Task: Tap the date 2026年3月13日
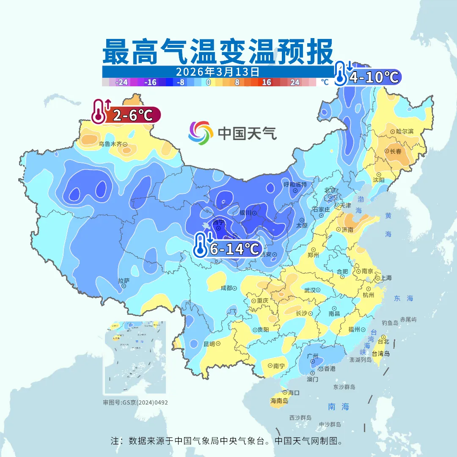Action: coord(217,71)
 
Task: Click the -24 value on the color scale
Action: coord(122,83)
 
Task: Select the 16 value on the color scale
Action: coord(266,83)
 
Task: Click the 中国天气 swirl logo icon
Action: coord(201,133)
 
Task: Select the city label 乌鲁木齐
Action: coord(110,144)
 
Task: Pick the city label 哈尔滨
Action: coord(405,132)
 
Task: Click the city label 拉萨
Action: coord(124,281)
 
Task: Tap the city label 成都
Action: coord(226,288)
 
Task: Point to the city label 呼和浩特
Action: coord(295,184)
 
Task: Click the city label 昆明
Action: coord(209,344)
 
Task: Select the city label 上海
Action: coord(386,278)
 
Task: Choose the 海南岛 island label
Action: coord(279,401)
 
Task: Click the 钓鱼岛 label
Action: coord(390,323)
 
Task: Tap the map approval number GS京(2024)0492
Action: coord(135,402)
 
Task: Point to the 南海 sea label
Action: coord(339,407)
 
